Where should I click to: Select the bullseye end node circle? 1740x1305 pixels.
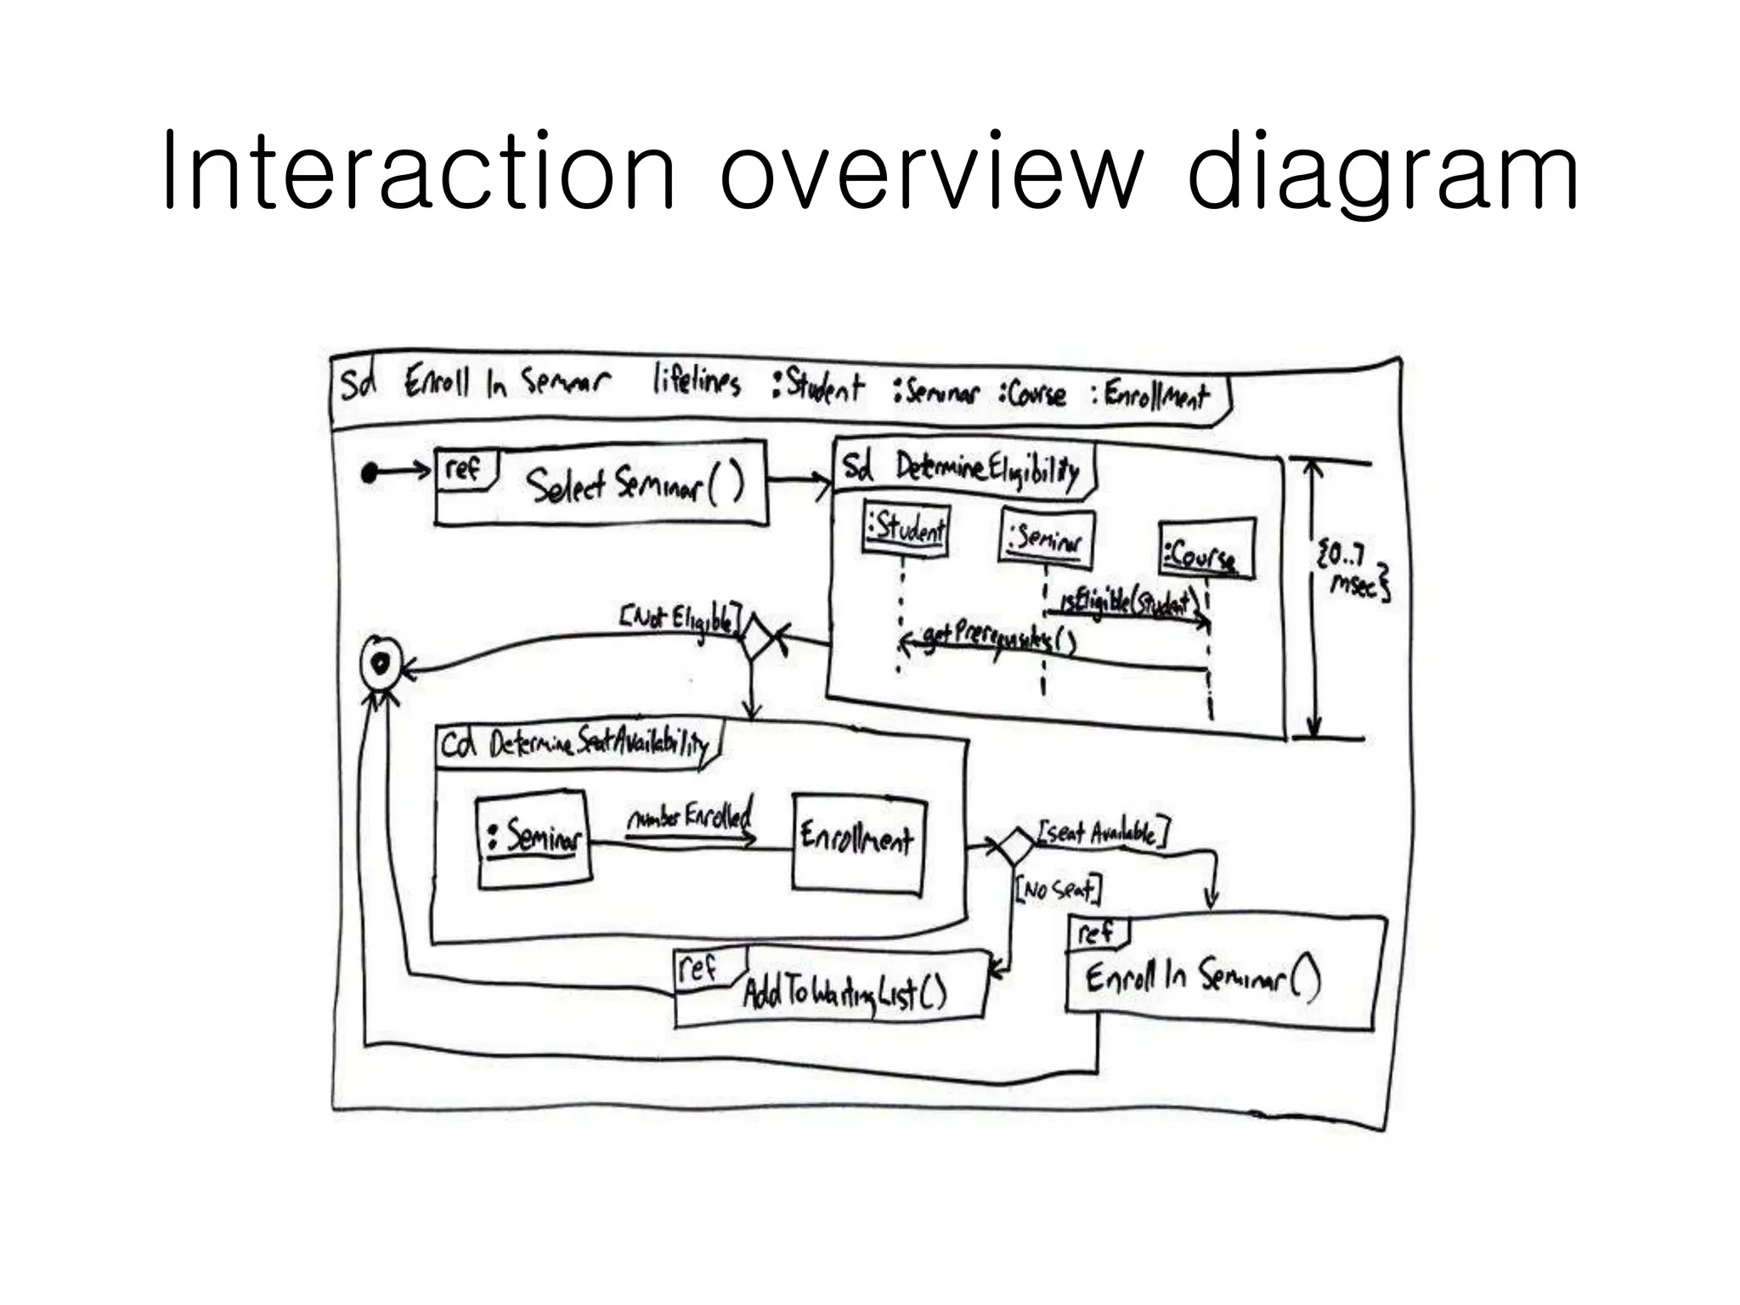[x=380, y=663]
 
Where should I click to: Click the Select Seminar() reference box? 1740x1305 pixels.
[x=601, y=483]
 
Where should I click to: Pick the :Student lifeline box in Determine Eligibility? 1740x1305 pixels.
[x=906, y=529]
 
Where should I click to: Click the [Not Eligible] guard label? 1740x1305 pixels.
[x=680, y=618]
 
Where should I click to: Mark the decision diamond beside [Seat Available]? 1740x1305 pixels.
[x=1014, y=845]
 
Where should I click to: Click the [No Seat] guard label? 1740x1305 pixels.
[x=1058, y=890]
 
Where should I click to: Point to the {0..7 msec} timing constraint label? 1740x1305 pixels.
[x=1352, y=571]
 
